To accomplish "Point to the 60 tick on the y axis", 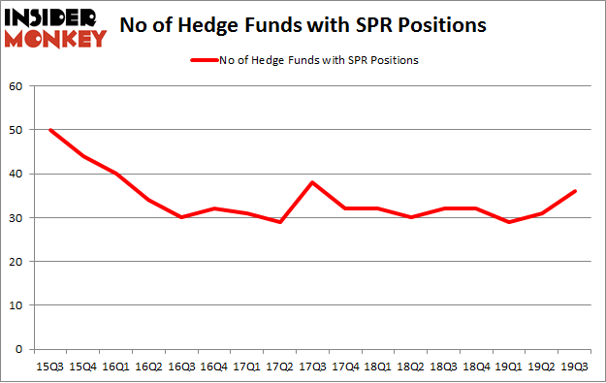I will pos(16,86).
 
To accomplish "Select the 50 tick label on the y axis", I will pos(16,130).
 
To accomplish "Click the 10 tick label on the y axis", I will pos(16,305).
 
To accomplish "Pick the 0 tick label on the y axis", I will pos(19,349).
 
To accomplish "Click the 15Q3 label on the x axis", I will pos(49,367).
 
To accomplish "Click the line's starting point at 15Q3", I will pos(49,130).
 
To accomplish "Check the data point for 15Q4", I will pos(83,156).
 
